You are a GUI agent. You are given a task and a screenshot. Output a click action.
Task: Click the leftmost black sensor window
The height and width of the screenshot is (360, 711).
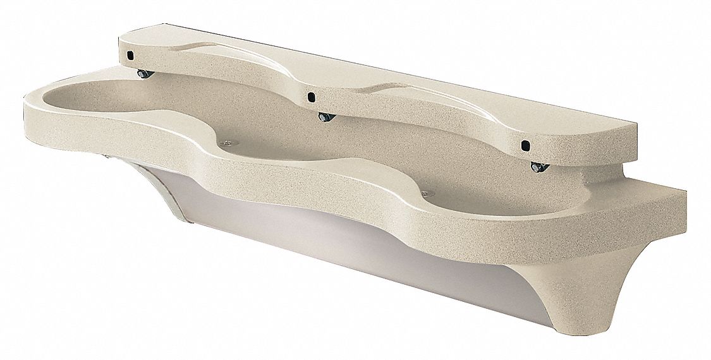[x=129, y=56]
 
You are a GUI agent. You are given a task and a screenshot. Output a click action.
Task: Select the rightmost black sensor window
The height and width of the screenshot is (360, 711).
[x=525, y=145]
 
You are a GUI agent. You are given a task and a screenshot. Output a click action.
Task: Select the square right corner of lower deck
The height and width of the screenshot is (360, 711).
[x=679, y=202]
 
